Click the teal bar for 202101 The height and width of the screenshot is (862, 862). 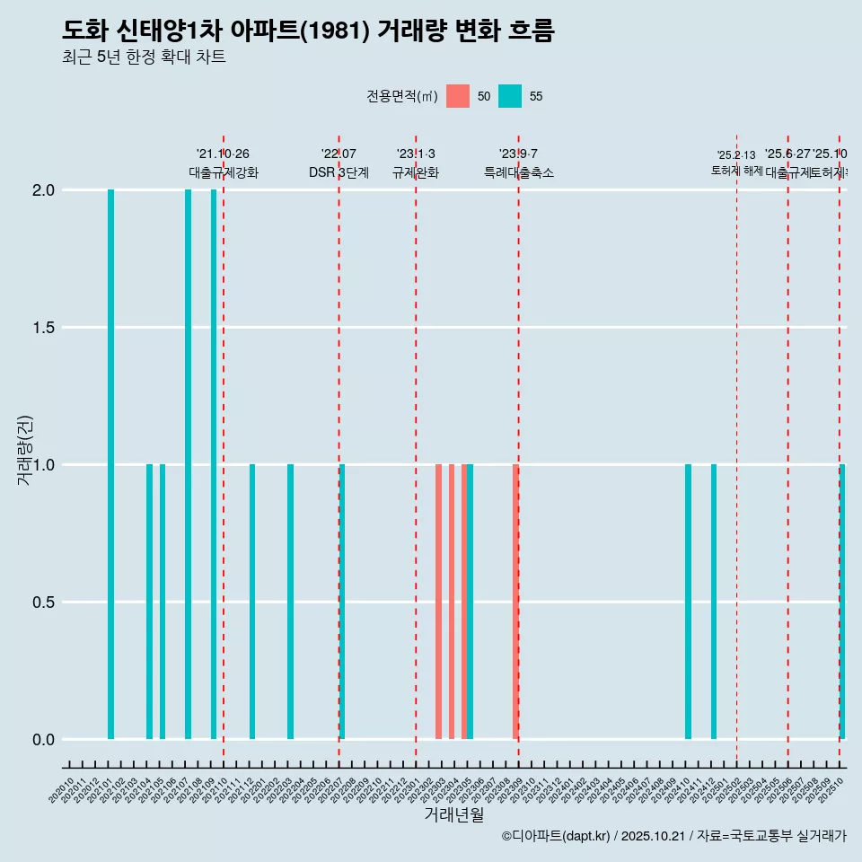110,464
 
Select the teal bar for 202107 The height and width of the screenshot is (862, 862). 188,464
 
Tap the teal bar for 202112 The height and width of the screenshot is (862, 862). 252,602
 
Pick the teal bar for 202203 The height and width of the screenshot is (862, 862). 290,602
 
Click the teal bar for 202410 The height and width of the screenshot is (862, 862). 688,602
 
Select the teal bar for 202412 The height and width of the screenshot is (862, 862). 714,602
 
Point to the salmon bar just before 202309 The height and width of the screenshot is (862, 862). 515,602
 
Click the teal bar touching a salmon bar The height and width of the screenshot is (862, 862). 470,602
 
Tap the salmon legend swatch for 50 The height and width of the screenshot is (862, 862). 458,96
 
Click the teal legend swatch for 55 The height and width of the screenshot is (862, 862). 510,96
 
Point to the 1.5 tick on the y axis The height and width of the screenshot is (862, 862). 44,328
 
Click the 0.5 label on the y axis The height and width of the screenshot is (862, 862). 44,603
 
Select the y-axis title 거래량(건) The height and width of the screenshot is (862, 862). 25,450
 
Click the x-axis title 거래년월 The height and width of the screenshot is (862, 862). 453,815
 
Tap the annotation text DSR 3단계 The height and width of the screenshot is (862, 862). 339,172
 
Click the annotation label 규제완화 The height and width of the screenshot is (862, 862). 416,172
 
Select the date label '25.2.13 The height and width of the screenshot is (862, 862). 736,155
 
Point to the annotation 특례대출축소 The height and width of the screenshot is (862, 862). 519,172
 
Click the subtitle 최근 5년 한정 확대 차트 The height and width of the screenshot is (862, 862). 144,57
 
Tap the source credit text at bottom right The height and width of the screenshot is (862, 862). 673,836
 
